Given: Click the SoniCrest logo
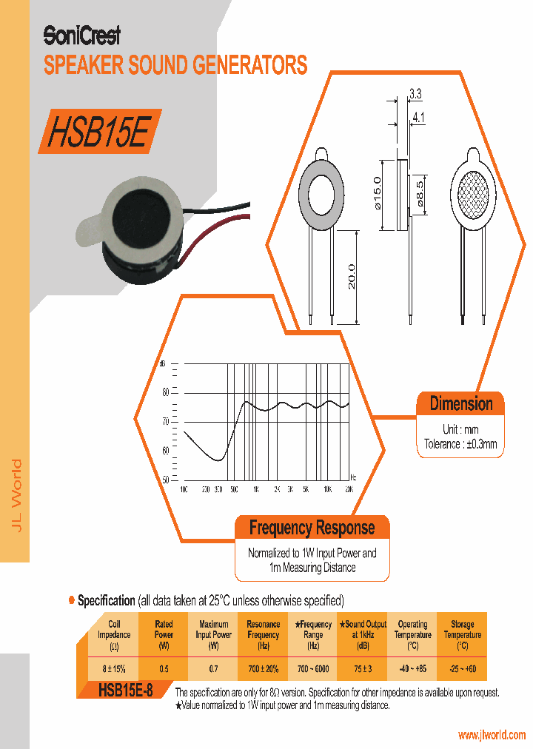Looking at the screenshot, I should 81,36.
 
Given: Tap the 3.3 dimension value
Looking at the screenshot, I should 415,94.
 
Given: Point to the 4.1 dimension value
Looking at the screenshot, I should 418,116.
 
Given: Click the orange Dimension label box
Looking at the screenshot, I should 461,404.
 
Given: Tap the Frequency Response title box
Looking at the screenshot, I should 312,528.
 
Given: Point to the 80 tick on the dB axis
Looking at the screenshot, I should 166,392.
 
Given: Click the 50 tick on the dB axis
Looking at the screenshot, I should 166,480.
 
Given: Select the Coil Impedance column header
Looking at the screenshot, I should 114,634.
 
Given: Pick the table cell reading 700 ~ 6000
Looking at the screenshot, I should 312,668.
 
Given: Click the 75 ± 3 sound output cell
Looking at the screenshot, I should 362,668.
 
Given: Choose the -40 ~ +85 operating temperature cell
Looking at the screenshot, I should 412,668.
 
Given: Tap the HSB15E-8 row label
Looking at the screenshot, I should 125,691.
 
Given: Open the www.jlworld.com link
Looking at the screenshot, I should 491,735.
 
